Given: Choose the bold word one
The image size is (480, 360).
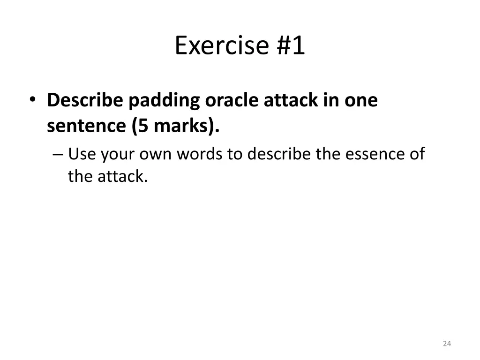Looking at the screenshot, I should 361,100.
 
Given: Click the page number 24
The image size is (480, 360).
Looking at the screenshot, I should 447,344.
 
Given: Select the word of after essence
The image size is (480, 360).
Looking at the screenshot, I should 416,154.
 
